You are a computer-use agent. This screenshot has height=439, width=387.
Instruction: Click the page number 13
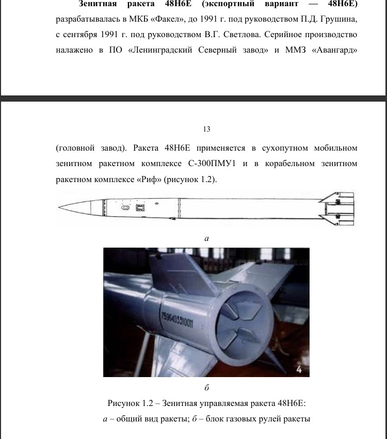pos(207,129)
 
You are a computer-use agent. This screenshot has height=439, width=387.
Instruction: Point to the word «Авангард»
pos(335,51)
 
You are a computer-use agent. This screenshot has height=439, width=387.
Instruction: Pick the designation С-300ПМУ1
pos(212,163)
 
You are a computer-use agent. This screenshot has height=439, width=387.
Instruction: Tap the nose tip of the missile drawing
pos(58,207)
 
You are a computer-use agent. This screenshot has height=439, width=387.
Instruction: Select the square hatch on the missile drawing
pos(140,207)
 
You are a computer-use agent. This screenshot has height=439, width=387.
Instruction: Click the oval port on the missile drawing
pos(125,207)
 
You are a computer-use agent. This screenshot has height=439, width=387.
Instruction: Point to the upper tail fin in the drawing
pos(337,198)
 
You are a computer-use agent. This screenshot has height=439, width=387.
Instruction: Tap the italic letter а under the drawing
pos(207,238)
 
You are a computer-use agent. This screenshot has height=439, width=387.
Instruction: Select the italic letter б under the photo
pos(207,388)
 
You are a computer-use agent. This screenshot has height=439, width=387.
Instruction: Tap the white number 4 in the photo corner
pos(299,369)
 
